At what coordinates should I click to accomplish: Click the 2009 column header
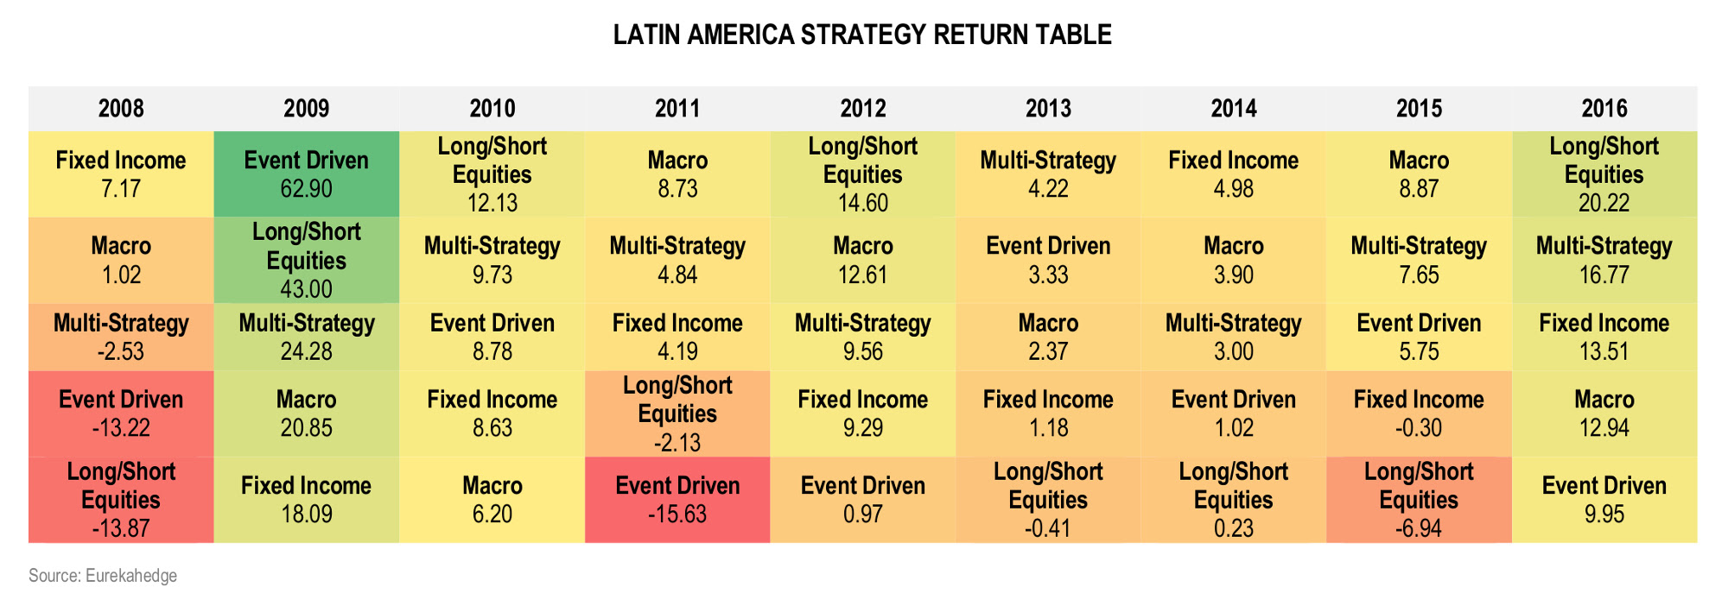[307, 109]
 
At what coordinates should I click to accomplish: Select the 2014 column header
[1233, 109]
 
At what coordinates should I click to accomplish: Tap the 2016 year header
[1604, 109]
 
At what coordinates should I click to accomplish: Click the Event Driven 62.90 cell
[307, 174]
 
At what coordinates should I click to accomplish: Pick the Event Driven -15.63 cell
[677, 500]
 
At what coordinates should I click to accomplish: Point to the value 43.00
[307, 288]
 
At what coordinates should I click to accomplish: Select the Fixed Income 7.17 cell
[121, 174]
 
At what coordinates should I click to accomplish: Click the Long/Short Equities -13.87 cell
[121, 500]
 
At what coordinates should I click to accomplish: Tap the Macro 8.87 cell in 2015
[1419, 174]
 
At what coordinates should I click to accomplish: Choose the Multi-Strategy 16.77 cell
[1604, 260]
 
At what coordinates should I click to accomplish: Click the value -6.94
[1419, 528]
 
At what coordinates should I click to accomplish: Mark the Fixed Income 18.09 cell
[307, 500]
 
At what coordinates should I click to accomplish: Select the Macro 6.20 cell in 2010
[492, 500]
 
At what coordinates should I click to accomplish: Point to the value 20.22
[1604, 203]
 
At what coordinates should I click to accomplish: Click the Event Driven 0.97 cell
[863, 500]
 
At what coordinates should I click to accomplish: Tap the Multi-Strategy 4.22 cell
[1048, 174]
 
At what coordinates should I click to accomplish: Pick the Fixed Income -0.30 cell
[1419, 413]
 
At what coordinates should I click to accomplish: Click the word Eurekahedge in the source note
[131, 576]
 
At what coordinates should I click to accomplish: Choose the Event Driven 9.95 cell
[1604, 500]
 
